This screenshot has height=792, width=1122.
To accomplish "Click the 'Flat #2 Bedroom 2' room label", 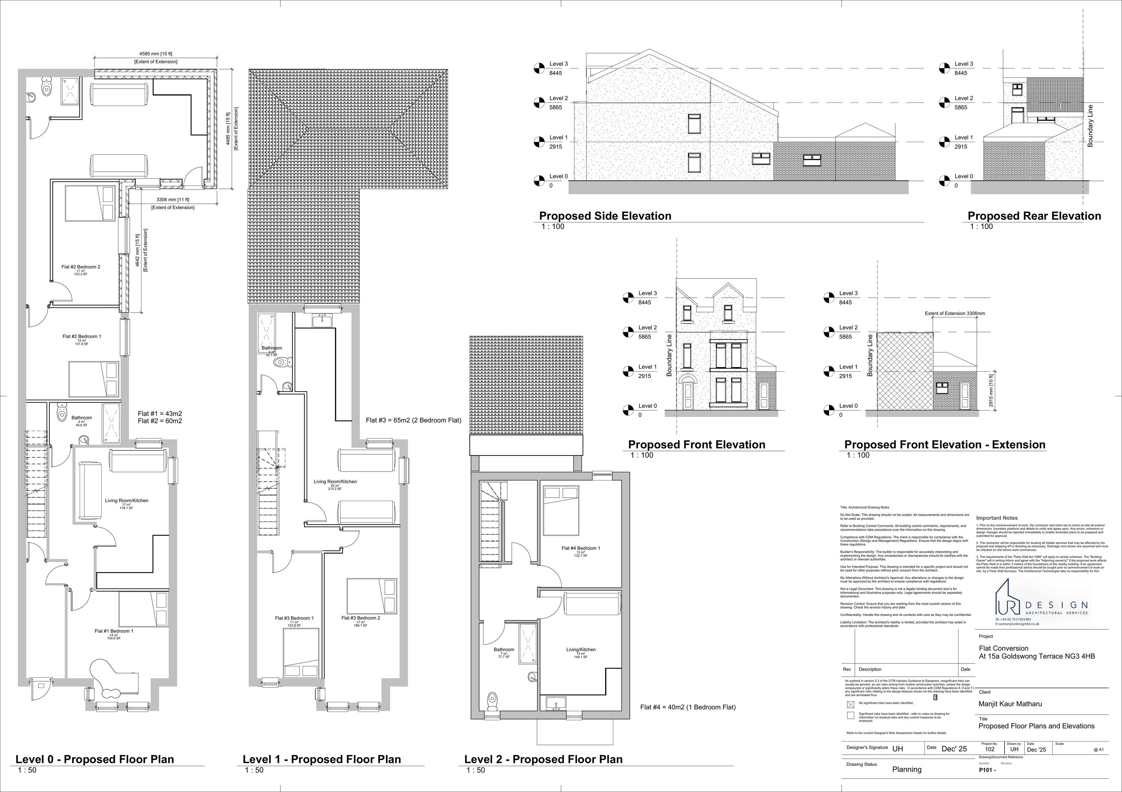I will [x=81, y=267].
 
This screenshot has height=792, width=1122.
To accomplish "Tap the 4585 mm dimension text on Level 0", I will [x=156, y=54].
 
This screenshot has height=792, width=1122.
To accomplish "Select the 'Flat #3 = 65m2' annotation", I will [x=413, y=420].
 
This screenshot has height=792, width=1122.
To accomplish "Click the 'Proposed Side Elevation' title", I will [x=605, y=216].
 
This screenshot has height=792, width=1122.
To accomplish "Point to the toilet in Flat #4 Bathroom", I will [x=492, y=701].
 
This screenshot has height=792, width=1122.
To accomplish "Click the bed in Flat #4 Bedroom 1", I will [x=561, y=510].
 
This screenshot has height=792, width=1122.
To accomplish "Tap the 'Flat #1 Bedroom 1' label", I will [x=114, y=631].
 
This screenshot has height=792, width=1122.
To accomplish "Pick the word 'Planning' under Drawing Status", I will [x=907, y=770].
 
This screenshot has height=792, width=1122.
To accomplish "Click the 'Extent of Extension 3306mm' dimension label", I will [x=954, y=314].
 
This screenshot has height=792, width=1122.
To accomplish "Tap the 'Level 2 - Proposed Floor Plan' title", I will [x=543, y=759].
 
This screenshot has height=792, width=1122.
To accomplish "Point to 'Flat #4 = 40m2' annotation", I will [x=687, y=707].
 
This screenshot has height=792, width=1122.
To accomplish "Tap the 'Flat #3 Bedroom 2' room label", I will [x=360, y=618].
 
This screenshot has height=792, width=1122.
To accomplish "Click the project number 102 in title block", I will [x=990, y=749].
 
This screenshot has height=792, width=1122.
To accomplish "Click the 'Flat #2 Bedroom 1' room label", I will [x=82, y=336].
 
